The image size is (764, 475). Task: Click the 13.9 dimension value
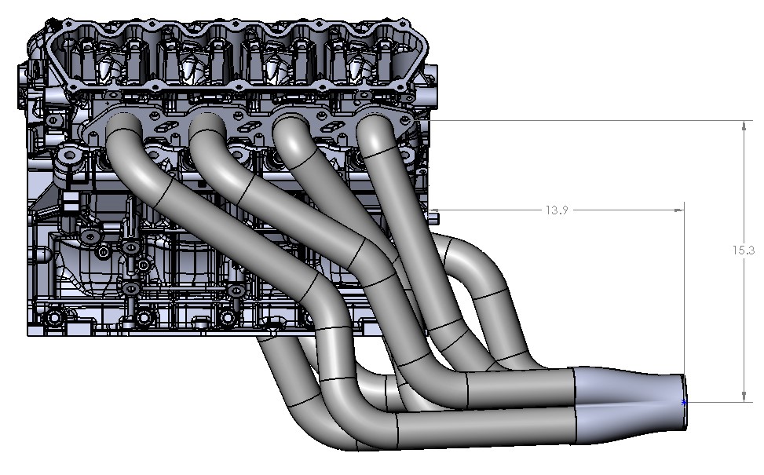pos(555,210)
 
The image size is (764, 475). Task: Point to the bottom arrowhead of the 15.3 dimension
pos(743,397)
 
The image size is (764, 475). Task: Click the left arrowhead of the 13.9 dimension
pos(435,210)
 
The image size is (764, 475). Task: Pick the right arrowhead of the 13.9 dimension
pos(679,210)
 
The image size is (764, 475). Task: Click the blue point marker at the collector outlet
pos(684,402)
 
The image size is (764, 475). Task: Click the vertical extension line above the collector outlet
pos(685,298)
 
